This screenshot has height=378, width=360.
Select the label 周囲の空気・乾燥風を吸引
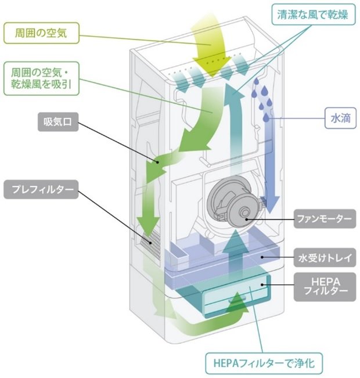coord(43,79)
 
